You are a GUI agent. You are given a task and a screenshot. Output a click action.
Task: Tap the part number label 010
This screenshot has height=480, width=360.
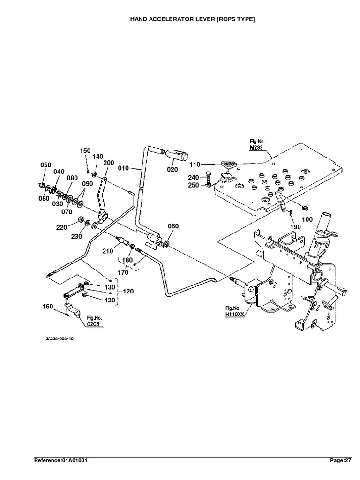click(x=124, y=166)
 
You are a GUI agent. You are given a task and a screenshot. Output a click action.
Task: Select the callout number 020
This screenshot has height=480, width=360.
click(x=172, y=169)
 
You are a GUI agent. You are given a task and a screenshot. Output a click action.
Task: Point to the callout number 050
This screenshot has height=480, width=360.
click(x=45, y=165)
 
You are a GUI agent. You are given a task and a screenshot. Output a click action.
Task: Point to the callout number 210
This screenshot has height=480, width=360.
click(x=108, y=251)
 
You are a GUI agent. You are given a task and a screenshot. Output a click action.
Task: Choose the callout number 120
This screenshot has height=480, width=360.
click(x=128, y=291)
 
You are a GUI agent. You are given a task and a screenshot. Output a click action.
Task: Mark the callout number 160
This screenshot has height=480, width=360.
click(x=48, y=307)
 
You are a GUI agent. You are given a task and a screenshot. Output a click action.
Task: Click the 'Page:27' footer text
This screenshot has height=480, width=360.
click(x=340, y=460)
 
